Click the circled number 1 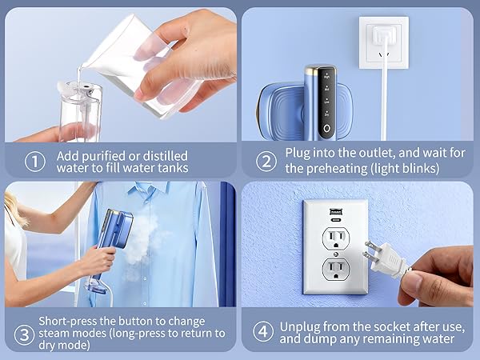[34, 161]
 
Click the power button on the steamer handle [326, 127]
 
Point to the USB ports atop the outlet [334, 213]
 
